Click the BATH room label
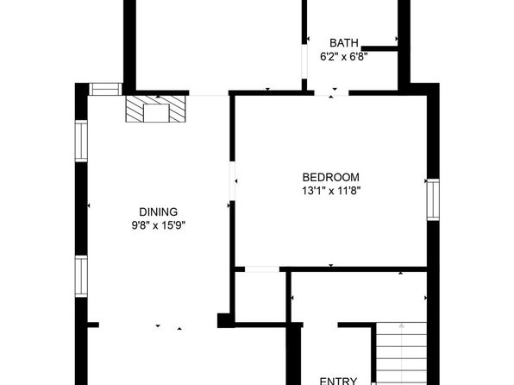(x=343, y=43)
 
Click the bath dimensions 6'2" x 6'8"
(x=343, y=57)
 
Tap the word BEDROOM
(x=331, y=177)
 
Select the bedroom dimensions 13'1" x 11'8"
(x=331, y=191)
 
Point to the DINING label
(x=159, y=212)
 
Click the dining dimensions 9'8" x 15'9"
(x=159, y=225)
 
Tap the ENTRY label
(x=338, y=381)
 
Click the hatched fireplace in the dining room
(x=156, y=109)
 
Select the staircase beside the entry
(x=401, y=353)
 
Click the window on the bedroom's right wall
(x=433, y=199)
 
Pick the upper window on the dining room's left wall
(x=81, y=141)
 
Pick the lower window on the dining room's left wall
(x=81, y=276)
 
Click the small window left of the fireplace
(x=105, y=89)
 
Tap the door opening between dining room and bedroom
(x=232, y=181)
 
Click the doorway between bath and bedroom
(x=331, y=93)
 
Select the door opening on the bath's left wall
(x=304, y=61)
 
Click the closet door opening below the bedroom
(x=262, y=269)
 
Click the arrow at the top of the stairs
(x=402, y=325)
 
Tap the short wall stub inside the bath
(x=379, y=48)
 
